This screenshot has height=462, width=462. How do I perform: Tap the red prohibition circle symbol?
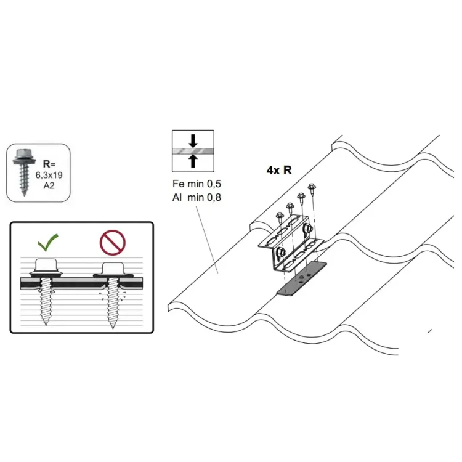pos(113,243)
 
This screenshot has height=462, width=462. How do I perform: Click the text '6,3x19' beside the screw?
pos(49,175)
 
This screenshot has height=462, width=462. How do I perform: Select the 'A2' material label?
pos(49,185)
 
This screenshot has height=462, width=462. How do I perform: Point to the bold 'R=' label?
pos(49,164)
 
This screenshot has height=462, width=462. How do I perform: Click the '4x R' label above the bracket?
pos(279,170)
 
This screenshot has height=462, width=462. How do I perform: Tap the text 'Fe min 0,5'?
pos(197,184)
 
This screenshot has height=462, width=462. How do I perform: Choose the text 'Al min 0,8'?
pos(197,197)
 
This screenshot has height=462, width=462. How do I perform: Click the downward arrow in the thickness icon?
pos(193,141)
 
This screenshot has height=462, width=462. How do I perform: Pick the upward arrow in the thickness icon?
pos(193,161)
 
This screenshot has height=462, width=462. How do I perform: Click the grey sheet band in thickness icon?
pos(193,151)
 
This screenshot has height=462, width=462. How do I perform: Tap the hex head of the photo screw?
pos(24,154)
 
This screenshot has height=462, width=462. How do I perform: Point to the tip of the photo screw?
pos(24,195)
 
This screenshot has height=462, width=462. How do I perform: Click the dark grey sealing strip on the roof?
pos(302,278)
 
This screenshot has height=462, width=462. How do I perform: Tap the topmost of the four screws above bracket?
pos(312,188)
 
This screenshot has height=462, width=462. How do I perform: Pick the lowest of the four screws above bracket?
pos(280,217)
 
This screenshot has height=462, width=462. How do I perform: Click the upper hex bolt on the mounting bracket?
pos(307,228)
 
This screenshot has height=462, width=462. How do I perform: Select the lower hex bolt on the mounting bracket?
pos(280,253)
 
